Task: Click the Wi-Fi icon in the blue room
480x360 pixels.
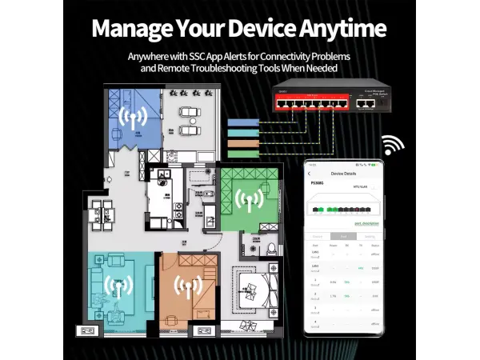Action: [x=133, y=118]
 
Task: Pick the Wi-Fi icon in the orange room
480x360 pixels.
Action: [x=189, y=286]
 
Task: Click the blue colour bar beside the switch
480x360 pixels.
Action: [x=243, y=122]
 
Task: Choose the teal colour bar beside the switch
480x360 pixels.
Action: [x=243, y=132]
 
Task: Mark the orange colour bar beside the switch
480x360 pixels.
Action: [x=243, y=142]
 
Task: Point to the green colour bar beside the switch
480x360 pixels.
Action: [x=243, y=153]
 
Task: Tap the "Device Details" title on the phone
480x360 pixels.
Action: [x=343, y=173]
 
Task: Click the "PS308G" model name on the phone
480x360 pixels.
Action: [x=318, y=182]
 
